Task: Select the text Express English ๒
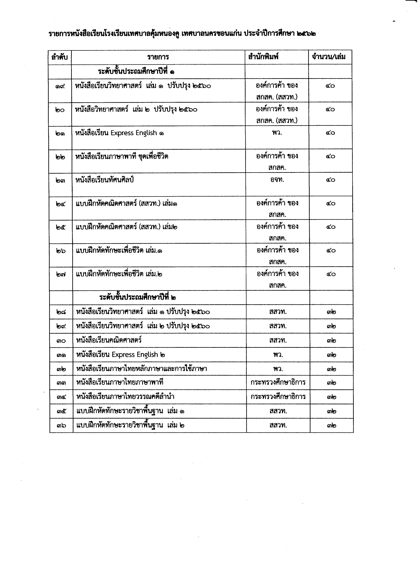[138, 355]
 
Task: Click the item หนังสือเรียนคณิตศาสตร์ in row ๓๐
[109, 340]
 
